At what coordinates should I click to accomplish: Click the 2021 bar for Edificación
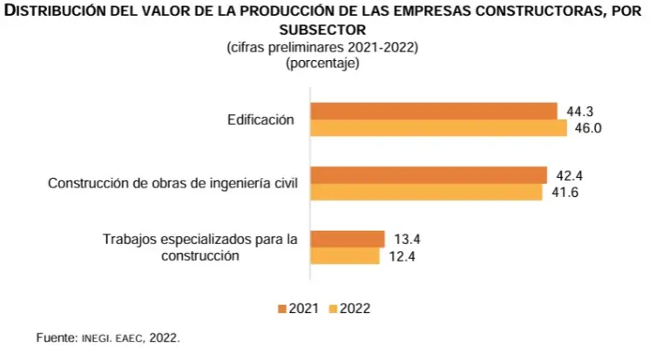pyautogui.click(x=434, y=111)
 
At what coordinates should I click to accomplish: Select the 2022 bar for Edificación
pyautogui.click(x=439, y=128)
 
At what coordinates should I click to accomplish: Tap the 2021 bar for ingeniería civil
pyautogui.click(x=429, y=174)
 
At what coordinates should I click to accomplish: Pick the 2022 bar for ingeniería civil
pyautogui.click(x=426, y=192)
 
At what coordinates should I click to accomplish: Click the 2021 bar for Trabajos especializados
pyautogui.click(x=348, y=239)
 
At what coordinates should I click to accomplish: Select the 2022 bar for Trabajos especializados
pyautogui.click(x=345, y=256)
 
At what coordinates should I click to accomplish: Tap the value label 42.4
pyautogui.click(x=569, y=175)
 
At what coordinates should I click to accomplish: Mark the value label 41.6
pyautogui.click(x=564, y=192)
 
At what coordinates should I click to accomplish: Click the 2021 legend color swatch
pyautogui.click(x=281, y=309)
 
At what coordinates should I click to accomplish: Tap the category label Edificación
pyautogui.click(x=260, y=120)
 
